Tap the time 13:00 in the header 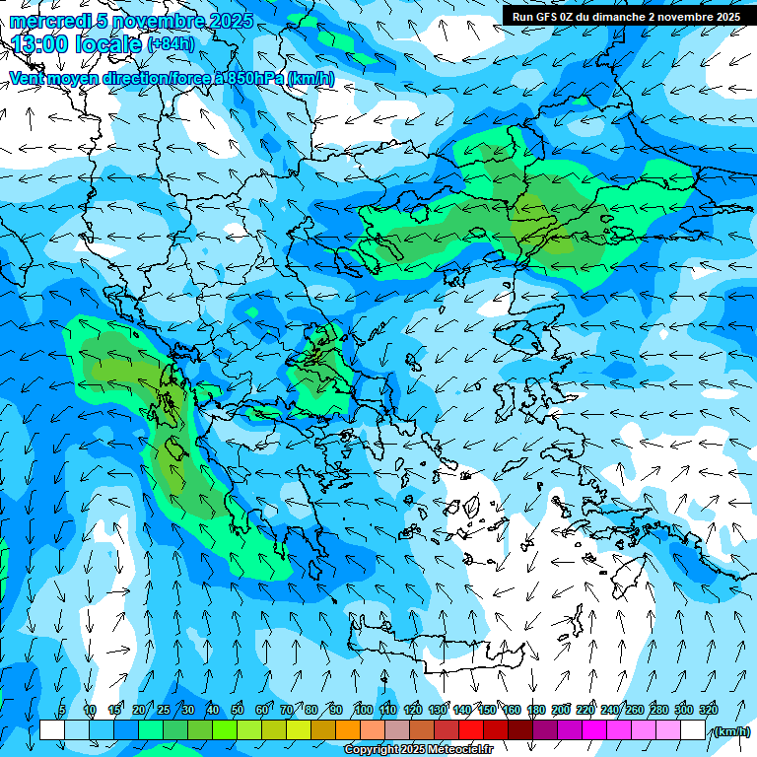pyautogui.click(x=38, y=44)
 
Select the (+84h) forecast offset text pyautogui.click(x=172, y=44)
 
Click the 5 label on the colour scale pyautogui.click(x=61, y=710)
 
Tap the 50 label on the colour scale pyautogui.click(x=238, y=710)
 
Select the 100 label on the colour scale pyautogui.click(x=363, y=710)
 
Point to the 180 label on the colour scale pyautogui.click(x=535, y=710)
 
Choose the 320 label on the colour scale pyautogui.click(x=708, y=710)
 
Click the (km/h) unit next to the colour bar pyautogui.click(x=731, y=731)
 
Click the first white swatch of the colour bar pyautogui.click(x=52, y=730)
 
